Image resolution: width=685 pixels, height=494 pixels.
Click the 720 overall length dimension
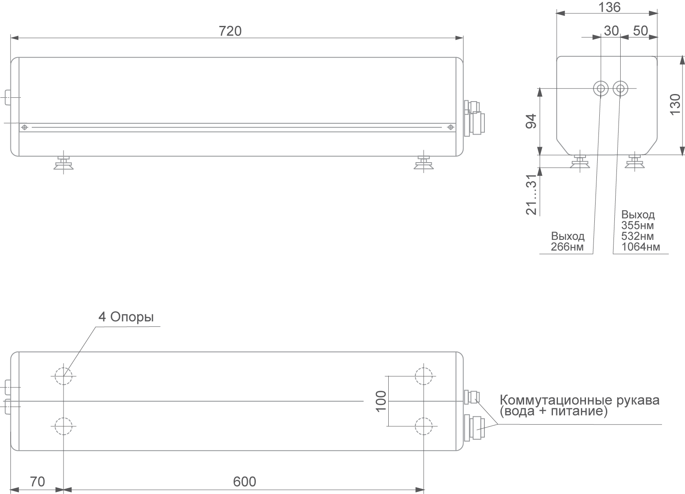point(230,31)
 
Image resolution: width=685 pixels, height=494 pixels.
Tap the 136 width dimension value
point(609,8)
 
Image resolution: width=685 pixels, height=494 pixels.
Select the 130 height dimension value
point(675,104)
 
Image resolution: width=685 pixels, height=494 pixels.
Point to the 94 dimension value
point(531,121)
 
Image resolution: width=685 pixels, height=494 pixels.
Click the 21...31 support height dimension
point(532,194)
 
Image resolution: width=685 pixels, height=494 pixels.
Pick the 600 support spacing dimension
point(244,482)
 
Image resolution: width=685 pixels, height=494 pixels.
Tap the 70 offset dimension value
point(37,482)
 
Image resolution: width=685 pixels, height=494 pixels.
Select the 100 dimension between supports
point(381,401)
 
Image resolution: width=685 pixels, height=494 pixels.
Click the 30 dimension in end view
point(611,31)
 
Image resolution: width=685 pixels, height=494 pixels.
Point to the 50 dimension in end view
point(640,31)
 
